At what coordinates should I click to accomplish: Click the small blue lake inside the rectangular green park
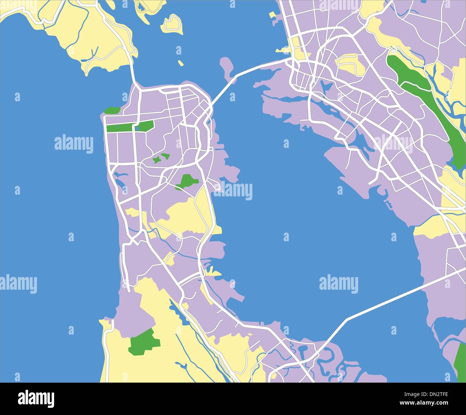[137, 127]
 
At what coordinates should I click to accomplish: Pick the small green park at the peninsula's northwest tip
[112, 110]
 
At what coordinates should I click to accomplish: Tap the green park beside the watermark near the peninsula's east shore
[186, 181]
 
